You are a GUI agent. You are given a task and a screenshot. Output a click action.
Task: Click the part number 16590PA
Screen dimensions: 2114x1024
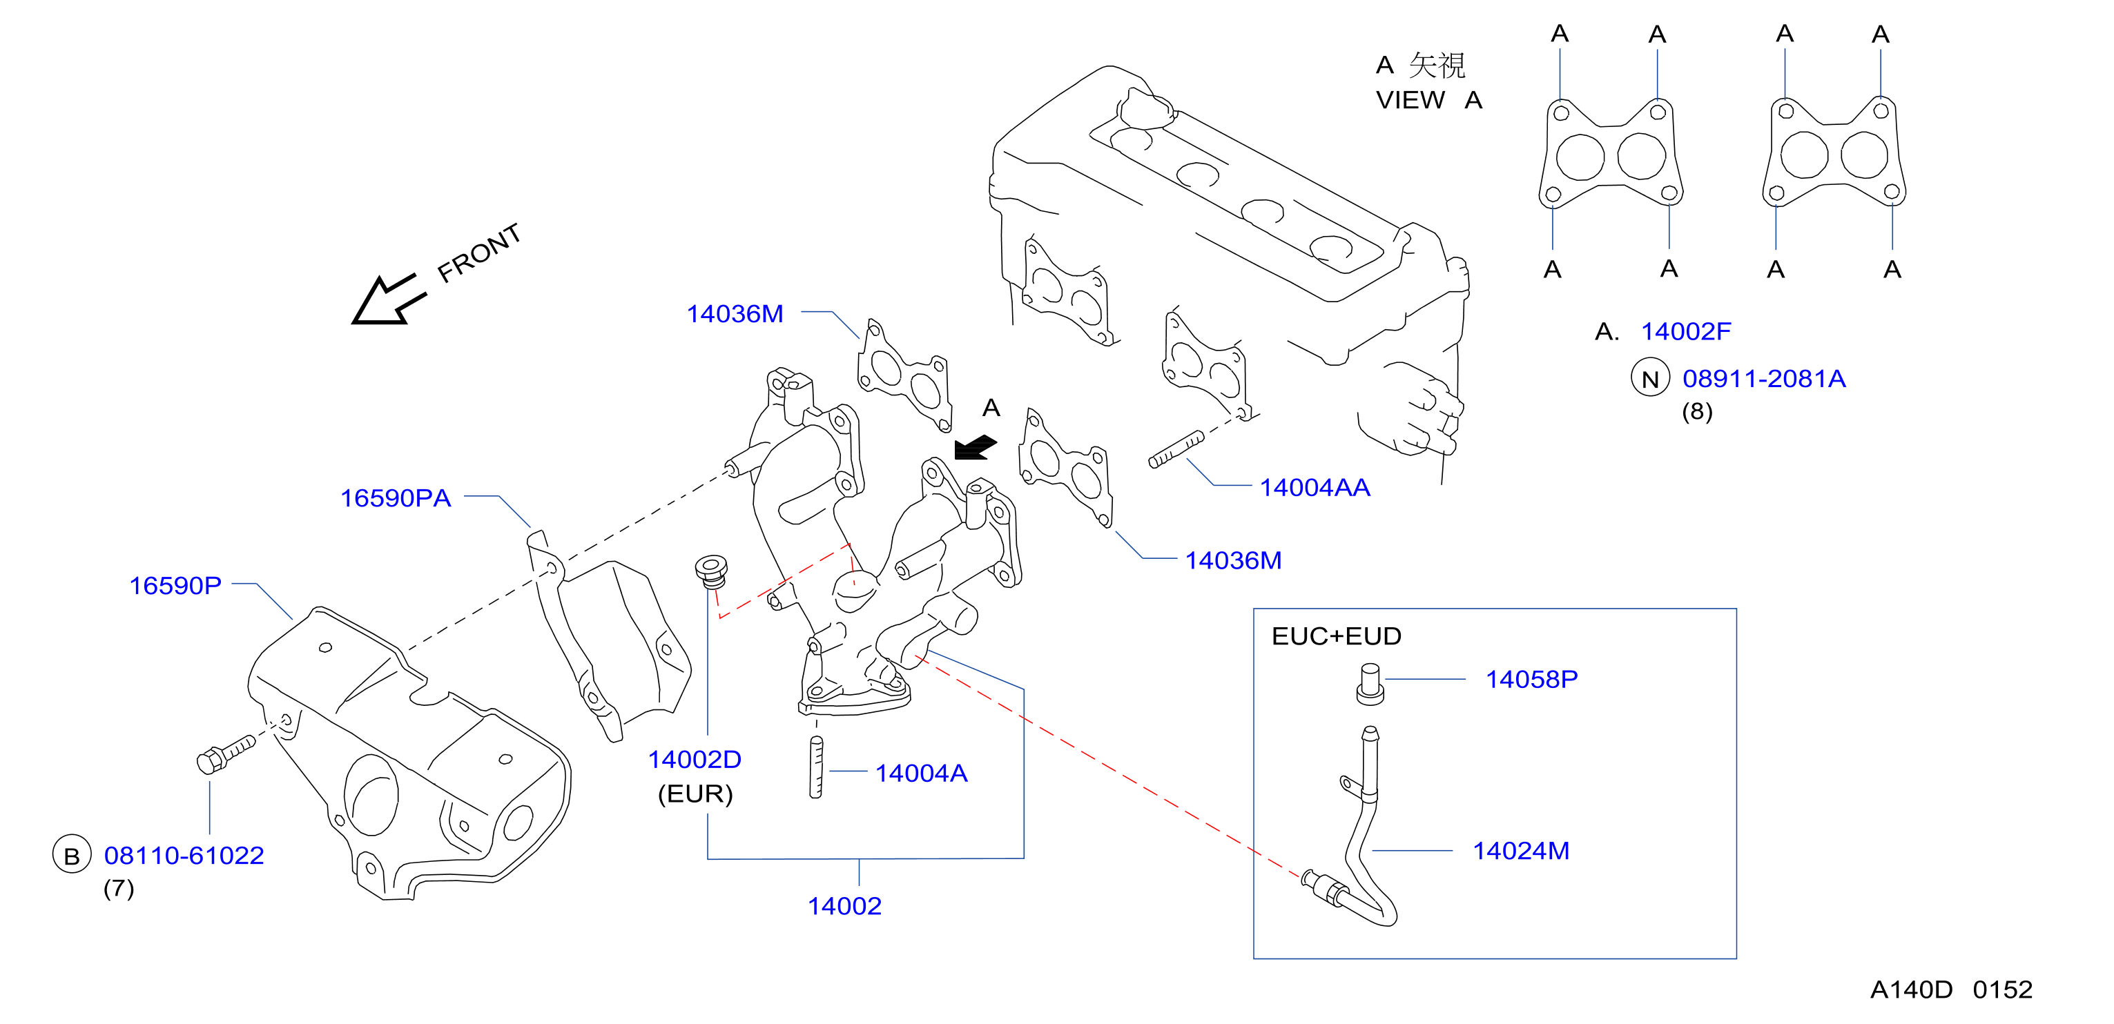click(x=396, y=498)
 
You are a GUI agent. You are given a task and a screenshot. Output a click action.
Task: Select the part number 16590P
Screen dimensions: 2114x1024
click(x=175, y=586)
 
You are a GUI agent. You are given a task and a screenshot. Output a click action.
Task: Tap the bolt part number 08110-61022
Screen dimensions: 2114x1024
click(x=184, y=856)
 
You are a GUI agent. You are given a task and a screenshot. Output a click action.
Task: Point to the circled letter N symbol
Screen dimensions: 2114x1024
click(x=1650, y=379)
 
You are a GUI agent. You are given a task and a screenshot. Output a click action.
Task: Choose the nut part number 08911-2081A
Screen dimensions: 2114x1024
click(x=1763, y=379)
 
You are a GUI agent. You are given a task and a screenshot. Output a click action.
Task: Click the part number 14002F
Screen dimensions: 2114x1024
click(x=1686, y=331)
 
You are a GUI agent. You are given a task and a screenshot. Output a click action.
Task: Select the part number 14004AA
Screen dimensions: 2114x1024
click(x=1315, y=487)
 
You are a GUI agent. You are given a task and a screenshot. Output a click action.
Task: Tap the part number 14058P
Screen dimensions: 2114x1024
click(x=1531, y=680)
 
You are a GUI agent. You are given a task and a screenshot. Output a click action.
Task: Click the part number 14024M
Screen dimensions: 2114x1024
click(x=1521, y=851)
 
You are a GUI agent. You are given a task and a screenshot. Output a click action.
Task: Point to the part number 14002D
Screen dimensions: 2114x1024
click(x=695, y=760)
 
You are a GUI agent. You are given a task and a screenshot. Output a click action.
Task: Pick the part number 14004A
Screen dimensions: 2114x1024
click(x=921, y=773)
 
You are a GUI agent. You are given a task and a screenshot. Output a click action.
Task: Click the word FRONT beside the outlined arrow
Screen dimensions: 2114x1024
click(x=479, y=253)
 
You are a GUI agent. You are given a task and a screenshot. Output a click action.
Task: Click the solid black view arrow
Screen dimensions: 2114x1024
click(x=975, y=448)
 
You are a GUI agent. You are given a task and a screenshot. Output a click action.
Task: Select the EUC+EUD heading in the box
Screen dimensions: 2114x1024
click(x=1336, y=636)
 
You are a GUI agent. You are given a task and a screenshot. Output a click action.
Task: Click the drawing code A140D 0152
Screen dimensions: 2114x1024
click(x=1950, y=989)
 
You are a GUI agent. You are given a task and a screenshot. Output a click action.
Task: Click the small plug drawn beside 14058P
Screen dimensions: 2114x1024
click(x=1370, y=685)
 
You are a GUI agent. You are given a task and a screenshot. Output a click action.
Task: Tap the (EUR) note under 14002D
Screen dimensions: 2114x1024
click(x=695, y=794)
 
